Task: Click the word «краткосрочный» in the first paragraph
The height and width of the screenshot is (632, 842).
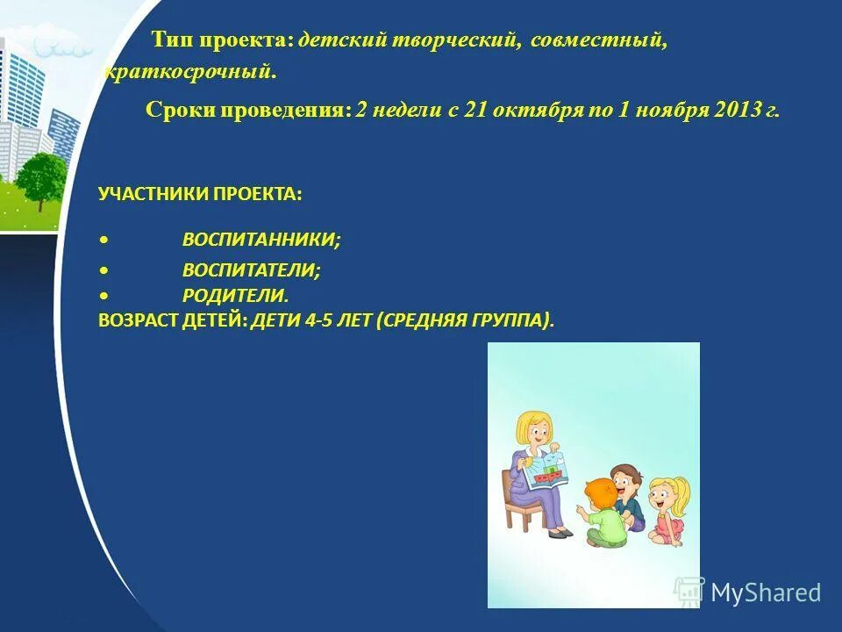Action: point(189,72)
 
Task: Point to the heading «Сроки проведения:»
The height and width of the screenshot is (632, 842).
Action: point(248,111)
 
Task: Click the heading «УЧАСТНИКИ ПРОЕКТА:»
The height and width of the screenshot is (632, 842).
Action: point(200,194)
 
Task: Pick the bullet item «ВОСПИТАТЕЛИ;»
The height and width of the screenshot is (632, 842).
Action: point(252,271)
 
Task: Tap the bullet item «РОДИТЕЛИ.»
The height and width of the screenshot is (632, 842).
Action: point(235,297)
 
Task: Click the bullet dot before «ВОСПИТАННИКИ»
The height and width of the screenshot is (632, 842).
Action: point(104,240)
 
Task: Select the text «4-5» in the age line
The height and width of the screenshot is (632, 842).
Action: point(322,321)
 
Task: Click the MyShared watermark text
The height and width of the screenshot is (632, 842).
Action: point(765,592)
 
